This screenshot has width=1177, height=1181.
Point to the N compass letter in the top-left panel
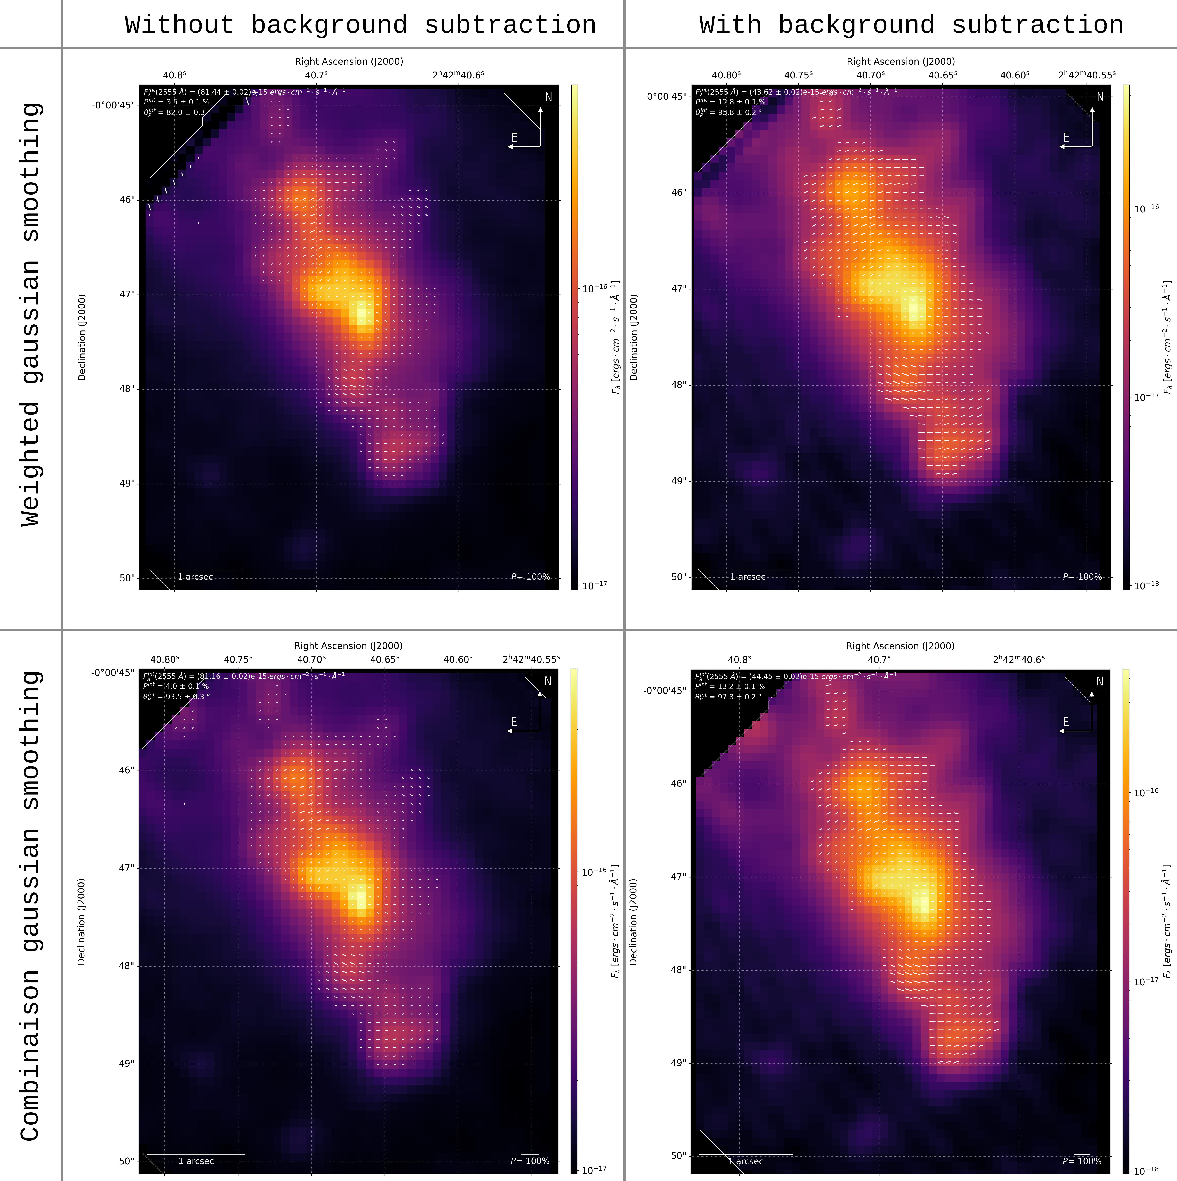click(x=548, y=97)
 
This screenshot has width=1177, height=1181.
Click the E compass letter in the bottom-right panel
click(x=1066, y=722)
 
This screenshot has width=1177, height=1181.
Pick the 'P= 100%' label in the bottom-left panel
click(x=530, y=1161)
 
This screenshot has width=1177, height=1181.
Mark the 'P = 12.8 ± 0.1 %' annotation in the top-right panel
click(x=730, y=102)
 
